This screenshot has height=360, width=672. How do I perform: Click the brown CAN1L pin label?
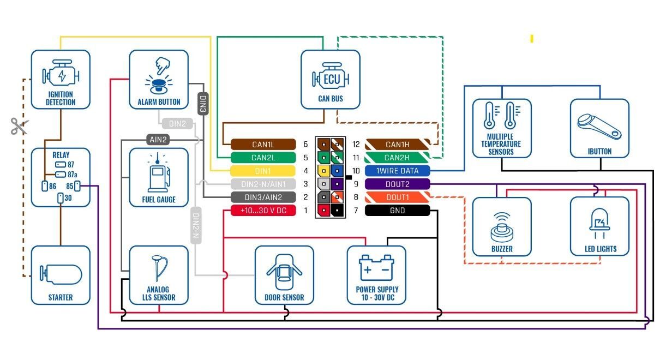pos(263,145)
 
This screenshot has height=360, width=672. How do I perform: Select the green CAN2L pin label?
pos(263,158)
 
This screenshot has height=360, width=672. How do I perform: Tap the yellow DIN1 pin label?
pos(263,171)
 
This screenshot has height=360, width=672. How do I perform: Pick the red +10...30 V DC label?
pos(263,211)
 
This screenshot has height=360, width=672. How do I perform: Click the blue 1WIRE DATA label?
pos(397,171)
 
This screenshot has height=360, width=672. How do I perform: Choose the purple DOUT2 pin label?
pos(397,184)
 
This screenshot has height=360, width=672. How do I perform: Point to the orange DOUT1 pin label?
pos(397,197)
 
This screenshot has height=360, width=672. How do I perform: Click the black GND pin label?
pos(397,211)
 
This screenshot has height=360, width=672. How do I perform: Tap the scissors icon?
pos(18,127)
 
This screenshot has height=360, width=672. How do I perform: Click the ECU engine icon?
pos(331,79)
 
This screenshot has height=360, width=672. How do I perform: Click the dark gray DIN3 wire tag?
pos(203,104)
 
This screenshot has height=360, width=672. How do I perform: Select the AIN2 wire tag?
pos(159,140)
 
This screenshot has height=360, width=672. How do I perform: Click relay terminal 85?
pos(77,186)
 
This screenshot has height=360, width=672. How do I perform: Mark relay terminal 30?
pos(60,198)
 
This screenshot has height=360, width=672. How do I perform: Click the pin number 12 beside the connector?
pos(356,145)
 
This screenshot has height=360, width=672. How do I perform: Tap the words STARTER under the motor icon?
pos(60,298)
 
